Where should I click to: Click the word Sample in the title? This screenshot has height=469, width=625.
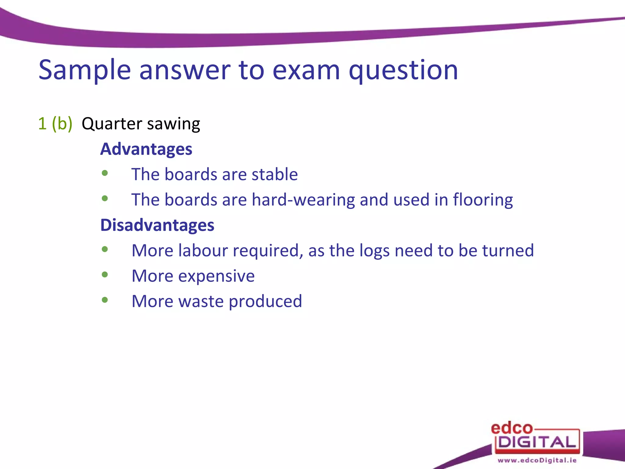[85, 70]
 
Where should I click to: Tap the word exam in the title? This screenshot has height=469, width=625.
[306, 70]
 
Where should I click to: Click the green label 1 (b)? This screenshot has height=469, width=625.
[55, 124]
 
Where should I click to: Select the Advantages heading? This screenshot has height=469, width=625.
[146, 149]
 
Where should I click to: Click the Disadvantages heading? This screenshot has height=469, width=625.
[157, 225]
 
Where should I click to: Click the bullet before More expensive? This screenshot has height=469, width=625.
[105, 274]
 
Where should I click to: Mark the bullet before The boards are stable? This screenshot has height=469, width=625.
[105, 173]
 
